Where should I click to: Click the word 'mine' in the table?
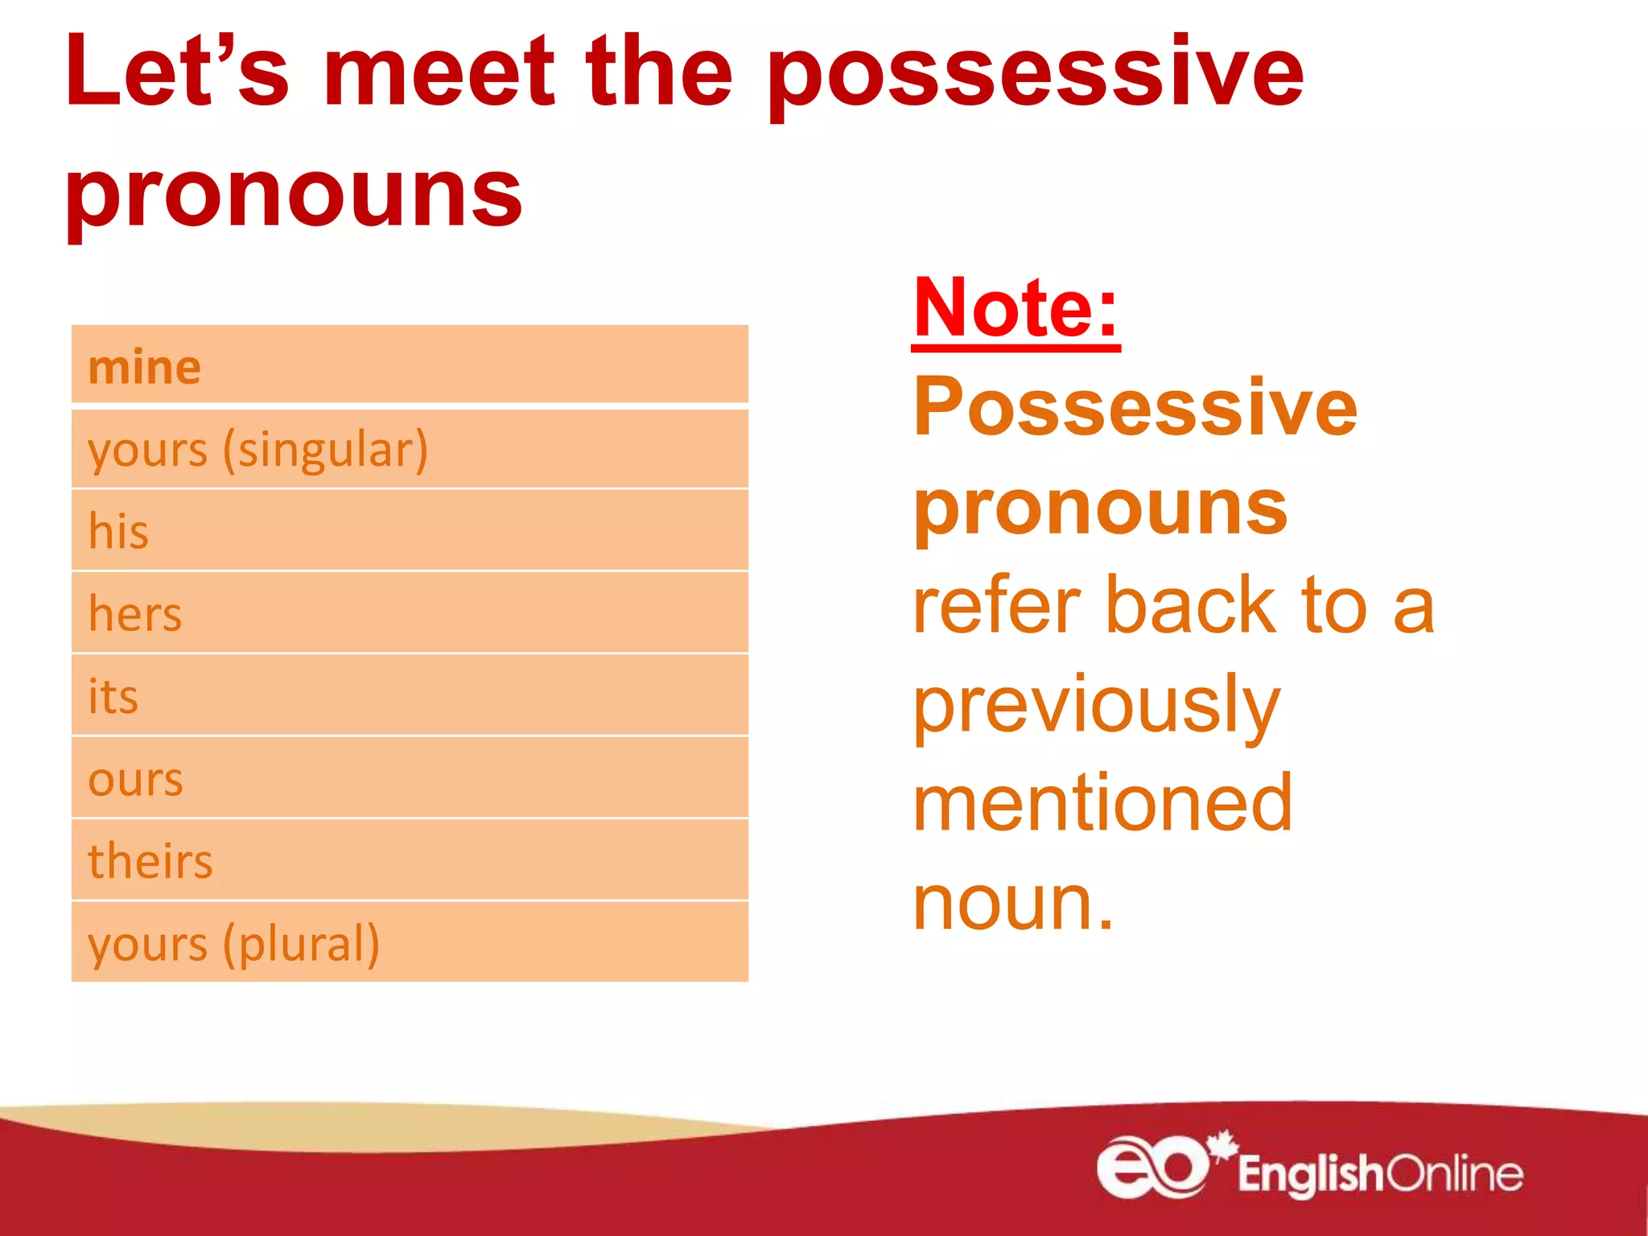coord(144,368)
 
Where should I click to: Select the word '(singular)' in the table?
coord(326,450)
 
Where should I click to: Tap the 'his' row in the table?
coord(409,531)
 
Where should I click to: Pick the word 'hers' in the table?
coord(135,614)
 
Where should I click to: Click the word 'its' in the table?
coord(113,697)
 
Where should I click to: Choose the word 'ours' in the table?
coord(135,780)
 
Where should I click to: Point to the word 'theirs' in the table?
coord(150,861)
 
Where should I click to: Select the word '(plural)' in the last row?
coord(301,944)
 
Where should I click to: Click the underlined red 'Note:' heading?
coord(1016,308)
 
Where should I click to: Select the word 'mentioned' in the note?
coord(1102,803)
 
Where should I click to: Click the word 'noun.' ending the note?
coord(1013,903)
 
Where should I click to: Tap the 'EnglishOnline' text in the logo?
coord(1379,1174)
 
